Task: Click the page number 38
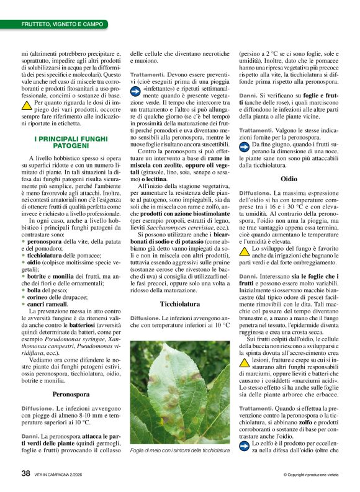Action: click(25, 473)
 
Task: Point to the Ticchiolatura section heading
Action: click(180, 304)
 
